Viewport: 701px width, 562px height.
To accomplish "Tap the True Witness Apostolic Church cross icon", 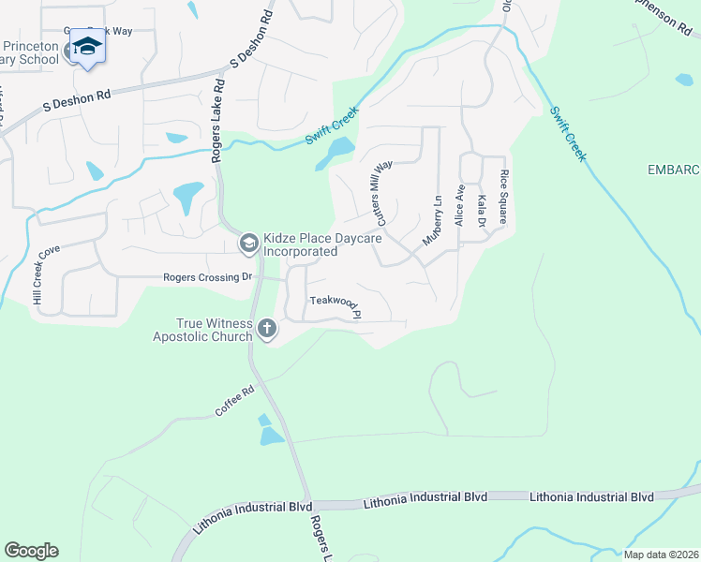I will point(267,328).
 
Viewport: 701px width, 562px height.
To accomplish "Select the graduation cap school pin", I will point(87,46).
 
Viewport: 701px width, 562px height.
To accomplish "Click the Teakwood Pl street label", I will point(336,305).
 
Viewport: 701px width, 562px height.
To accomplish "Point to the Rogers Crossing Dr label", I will point(208,277).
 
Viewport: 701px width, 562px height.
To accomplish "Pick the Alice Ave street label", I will point(459,205).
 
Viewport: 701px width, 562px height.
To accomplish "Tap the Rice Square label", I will point(503,198).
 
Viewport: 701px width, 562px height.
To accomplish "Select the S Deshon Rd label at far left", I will point(77,104).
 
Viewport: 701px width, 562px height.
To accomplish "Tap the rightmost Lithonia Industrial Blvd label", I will point(591,496).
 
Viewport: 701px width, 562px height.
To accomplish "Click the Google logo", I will point(31,551).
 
